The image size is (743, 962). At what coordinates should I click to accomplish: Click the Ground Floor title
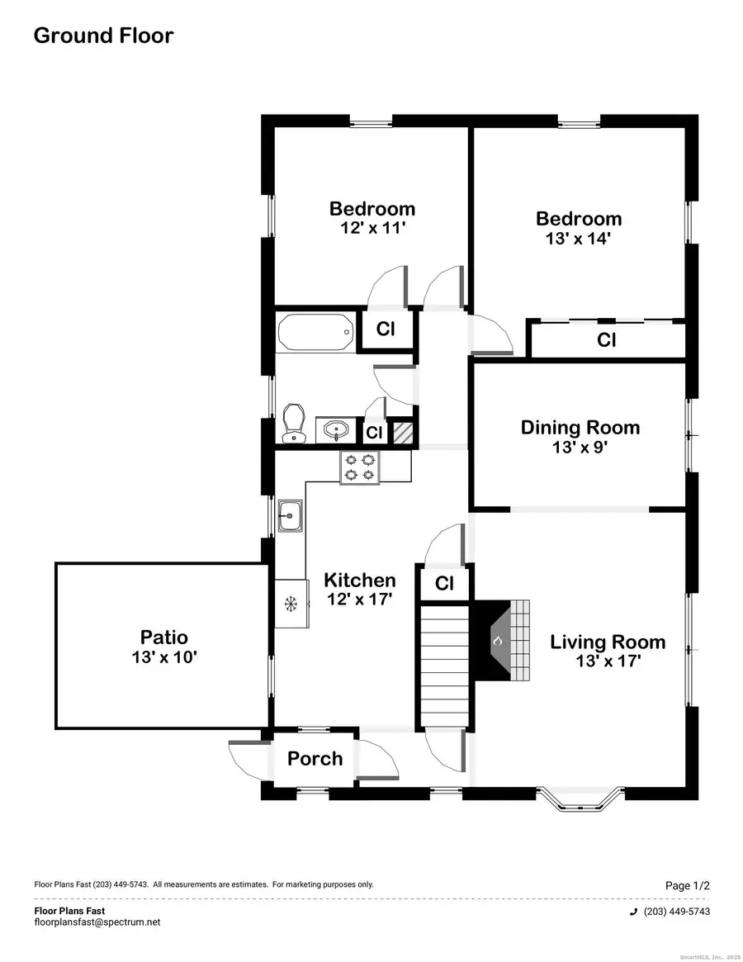click(103, 36)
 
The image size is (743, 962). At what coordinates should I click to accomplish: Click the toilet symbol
click(293, 422)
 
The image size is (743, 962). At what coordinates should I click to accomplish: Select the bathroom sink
click(336, 430)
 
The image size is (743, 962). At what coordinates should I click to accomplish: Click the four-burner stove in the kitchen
click(362, 467)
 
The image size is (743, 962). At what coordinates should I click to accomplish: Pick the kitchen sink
click(290, 516)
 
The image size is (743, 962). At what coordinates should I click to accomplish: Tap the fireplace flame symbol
click(497, 640)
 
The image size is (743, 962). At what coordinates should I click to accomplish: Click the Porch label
click(315, 758)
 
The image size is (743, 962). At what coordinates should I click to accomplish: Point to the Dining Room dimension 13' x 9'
click(580, 448)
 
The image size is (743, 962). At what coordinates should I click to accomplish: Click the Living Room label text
click(608, 642)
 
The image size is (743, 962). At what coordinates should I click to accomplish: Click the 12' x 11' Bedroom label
click(372, 228)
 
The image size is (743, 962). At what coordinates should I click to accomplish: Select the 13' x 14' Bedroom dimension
click(578, 239)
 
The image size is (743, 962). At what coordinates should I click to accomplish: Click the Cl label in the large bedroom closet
click(607, 339)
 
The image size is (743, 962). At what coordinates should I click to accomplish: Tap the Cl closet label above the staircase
click(444, 584)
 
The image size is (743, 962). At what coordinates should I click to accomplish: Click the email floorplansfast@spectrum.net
click(97, 922)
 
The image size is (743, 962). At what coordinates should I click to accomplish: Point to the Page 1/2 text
click(687, 885)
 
